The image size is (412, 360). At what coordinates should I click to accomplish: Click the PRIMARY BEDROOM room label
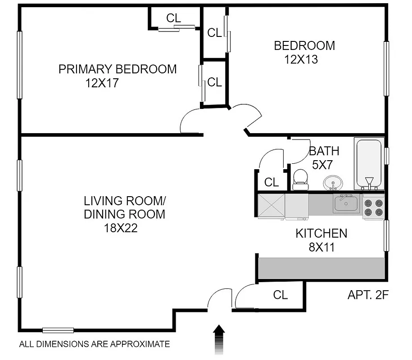click(x=118, y=69)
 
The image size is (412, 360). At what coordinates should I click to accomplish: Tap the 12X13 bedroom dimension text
click(x=301, y=59)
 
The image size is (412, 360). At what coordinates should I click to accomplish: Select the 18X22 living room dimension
click(x=120, y=228)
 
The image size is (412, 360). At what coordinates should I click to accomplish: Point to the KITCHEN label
click(x=321, y=234)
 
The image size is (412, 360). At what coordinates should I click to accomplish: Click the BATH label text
click(x=324, y=151)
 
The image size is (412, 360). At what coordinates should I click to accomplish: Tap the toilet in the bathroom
click(x=300, y=180)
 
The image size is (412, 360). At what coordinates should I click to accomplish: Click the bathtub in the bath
click(x=369, y=164)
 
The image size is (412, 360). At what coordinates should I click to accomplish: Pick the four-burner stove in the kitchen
click(x=373, y=207)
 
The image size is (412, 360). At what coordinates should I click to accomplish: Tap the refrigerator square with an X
click(x=271, y=206)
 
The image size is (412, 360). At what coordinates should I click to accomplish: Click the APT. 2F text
click(x=368, y=295)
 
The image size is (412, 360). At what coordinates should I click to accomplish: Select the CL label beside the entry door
click(x=281, y=295)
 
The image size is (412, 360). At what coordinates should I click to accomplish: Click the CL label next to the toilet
click(x=272, y=182)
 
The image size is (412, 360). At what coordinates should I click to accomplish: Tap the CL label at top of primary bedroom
click(x=173, y=18)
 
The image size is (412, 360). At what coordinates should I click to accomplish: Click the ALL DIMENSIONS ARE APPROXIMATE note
click(x=95, y=344)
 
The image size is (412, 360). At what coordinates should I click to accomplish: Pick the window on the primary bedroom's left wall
click(x=19, y=64)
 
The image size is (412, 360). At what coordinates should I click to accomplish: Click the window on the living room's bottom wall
click(x=58, y=330)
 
